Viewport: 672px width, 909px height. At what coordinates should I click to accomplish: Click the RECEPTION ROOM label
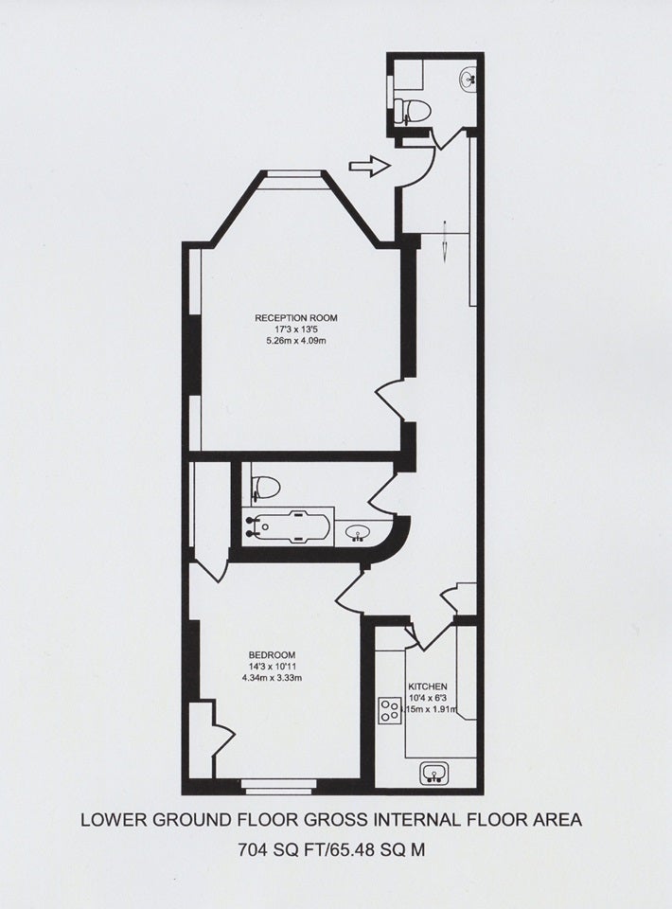(296, 318)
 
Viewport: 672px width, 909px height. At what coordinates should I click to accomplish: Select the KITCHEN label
(428, 686)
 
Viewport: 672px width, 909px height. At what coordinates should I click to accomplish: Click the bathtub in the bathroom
(286, 526)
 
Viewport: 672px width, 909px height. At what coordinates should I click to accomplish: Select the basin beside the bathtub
(356, 531)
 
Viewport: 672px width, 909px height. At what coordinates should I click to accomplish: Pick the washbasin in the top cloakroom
(469, 80)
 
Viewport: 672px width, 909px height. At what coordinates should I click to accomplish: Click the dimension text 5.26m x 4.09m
(296, 341)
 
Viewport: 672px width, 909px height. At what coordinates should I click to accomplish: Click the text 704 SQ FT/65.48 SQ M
(332, 850)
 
